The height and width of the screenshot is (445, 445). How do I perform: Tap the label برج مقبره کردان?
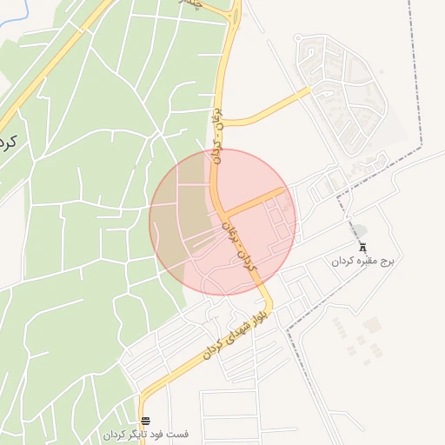click(362, 261)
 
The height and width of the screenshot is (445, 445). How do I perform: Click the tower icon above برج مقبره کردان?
click(362, 247)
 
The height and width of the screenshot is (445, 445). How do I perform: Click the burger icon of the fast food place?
click(145, 421)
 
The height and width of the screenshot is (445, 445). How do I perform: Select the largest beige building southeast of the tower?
click(372, 326)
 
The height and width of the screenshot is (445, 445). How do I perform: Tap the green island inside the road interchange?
click(233, 10)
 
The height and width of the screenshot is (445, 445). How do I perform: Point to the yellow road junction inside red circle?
click(222, 211)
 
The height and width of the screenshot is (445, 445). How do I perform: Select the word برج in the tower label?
click(387, 261)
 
